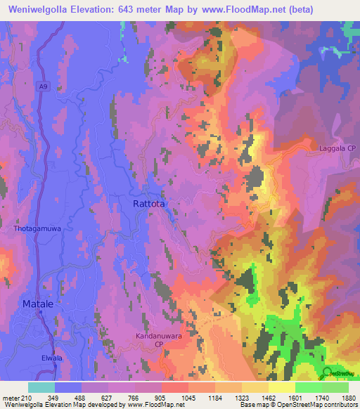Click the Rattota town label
[x=149, y=204]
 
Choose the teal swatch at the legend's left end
[x=41, y=387]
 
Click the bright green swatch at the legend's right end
[x=335, y=387]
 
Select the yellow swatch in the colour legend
[x=282, y=387]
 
